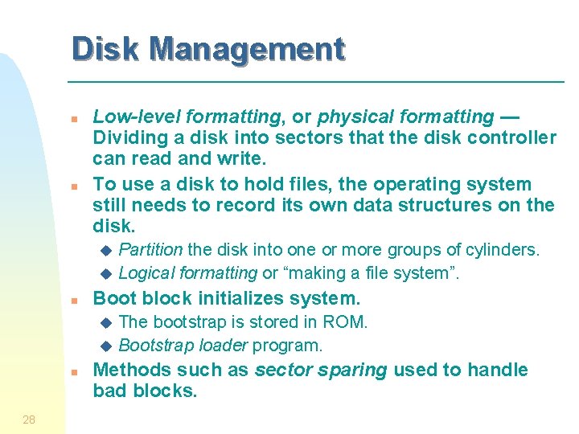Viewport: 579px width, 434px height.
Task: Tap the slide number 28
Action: point(29,419)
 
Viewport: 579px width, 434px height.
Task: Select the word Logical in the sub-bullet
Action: point(146,273)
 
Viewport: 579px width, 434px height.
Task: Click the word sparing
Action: point(355,370)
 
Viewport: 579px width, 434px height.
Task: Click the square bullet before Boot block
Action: point(73,301)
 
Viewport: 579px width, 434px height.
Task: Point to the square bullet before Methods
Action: point(73,372)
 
